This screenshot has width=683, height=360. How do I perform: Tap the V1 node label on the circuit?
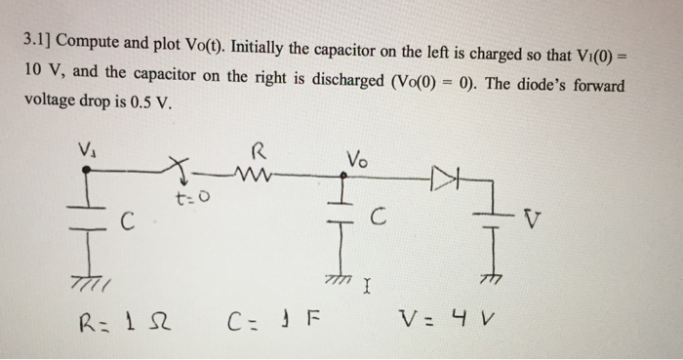(x=85, y=149)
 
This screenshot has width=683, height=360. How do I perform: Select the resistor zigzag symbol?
(x=256, y=176)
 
